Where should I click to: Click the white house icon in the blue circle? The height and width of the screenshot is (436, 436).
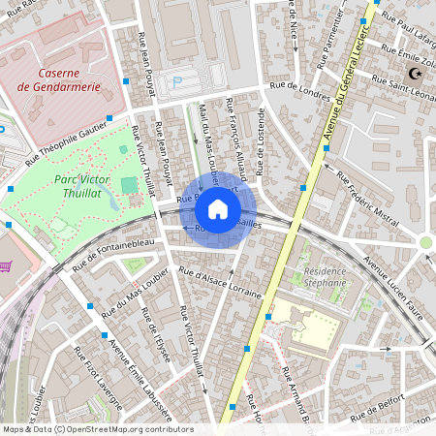218,209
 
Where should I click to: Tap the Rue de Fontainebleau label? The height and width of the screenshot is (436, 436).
113,256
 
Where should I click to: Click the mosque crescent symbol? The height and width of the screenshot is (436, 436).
417,75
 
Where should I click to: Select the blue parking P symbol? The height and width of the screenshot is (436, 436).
175,84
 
